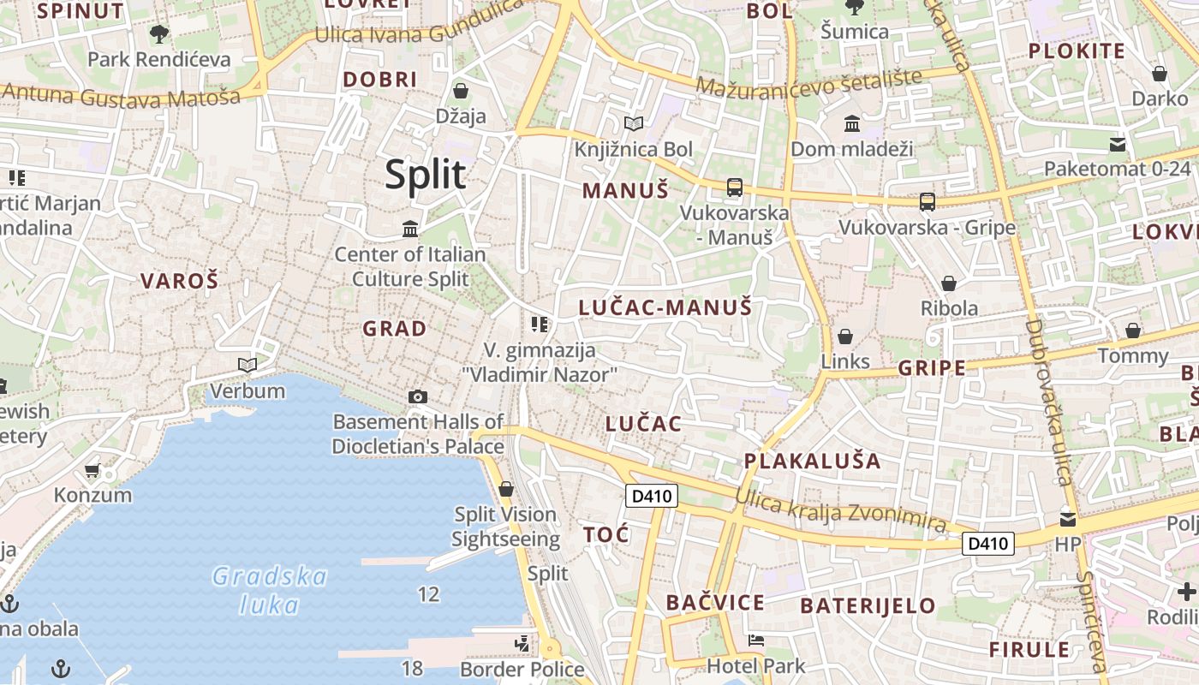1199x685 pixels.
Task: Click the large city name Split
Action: point(426,174)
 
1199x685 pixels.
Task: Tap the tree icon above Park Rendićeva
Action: point(158,34)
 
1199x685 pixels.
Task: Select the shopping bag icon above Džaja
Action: point(461,90)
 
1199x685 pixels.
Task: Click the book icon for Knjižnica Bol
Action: point(634,124)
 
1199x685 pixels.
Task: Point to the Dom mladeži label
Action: point(851,149)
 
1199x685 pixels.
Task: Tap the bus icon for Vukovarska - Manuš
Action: point(734,187)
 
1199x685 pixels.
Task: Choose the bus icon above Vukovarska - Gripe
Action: point(927,202)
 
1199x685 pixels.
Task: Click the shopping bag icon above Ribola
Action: point(949,283)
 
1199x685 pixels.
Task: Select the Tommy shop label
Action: point(1132,355)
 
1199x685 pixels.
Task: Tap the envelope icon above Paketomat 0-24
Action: point(1118,144)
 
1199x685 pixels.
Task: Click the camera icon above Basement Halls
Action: point(418,396)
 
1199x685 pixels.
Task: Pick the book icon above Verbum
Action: point(248,366)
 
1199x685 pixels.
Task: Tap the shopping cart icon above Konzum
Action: point(92,470)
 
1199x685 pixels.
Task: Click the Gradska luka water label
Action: point(269,590)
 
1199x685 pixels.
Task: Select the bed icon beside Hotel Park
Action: point(755,640)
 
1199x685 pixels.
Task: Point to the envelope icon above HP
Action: point(1068,519)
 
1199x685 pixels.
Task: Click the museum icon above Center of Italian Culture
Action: point(410,229)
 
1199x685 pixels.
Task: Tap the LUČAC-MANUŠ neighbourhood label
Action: point(665,307)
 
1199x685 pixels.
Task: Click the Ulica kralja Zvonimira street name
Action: point(840,511)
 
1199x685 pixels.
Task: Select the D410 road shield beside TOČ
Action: point(652,496)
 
